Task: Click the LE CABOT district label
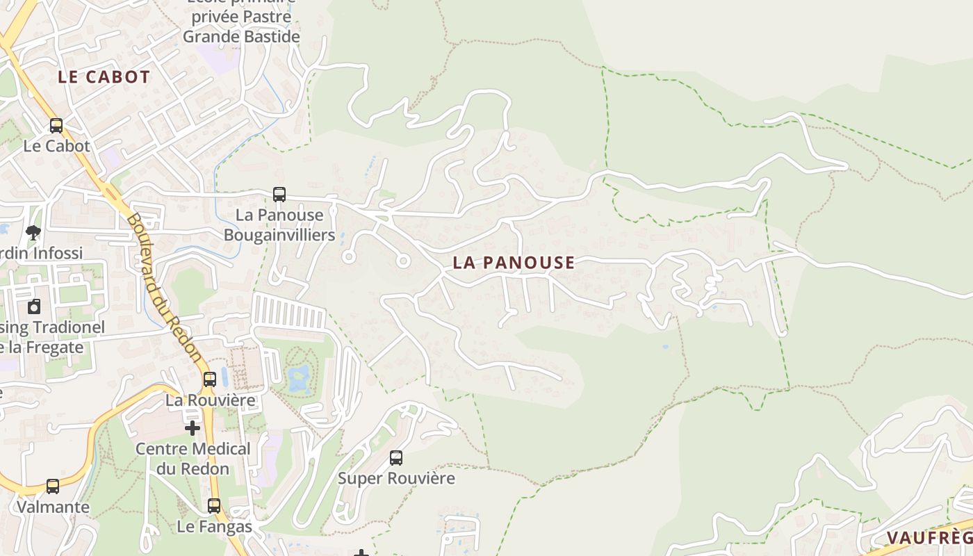[104, 77]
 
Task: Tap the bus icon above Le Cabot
[56, 126]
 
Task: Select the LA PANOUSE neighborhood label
[514, 263]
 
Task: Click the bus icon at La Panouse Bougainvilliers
[279, 195]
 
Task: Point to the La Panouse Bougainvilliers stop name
[279, 225]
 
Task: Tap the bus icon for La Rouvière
[209, 379]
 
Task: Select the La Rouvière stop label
[210, 401]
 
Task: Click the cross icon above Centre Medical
[193, 428]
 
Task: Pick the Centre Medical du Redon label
[193, 459]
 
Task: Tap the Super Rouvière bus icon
[396, 458]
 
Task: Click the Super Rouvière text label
[396, 479]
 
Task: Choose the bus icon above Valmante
[53, 486]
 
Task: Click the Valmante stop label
[53, 507]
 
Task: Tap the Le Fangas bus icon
[214, 506]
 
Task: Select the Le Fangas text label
[214, 527]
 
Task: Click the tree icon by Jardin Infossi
[33, 232]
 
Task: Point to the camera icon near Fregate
[34, 306]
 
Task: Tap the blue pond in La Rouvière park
[299, 379]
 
